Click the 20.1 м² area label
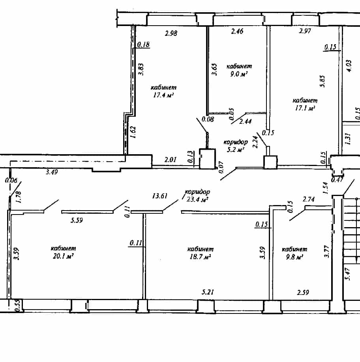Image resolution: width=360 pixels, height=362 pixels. [x=63, y=256]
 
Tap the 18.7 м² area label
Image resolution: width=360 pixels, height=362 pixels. [x=200, y=257]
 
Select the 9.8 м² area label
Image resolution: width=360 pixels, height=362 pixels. [x=294, y=257]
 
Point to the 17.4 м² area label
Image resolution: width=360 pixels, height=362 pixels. [x=163, y=95]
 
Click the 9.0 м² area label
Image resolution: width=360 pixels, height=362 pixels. [x=239, y=74]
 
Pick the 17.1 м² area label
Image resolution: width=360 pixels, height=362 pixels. [x=305, y=108]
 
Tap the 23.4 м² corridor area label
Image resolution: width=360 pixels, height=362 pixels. [x=197, y=199]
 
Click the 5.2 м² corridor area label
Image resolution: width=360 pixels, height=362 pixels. [x=235, y=149]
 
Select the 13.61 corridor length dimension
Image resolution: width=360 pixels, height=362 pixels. [x=159, y=196]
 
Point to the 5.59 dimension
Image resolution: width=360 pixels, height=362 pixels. [x=77, y=220]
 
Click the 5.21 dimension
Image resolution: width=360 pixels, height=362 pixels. [x=208, y=292]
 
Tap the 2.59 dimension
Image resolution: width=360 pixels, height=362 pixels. [x=303, y=292]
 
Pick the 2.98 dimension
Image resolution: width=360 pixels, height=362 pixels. [x=171, y=33]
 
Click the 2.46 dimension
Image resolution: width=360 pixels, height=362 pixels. [x=237, y=31]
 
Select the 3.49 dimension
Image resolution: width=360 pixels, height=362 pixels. [x=52, y=172]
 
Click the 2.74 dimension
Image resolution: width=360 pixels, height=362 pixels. [x=309, y=199]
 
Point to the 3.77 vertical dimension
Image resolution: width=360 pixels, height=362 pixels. [x=326, y=252]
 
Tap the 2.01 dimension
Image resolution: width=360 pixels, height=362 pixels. [x=171, y=160]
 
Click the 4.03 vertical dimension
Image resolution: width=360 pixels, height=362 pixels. [x=349, y=66]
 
